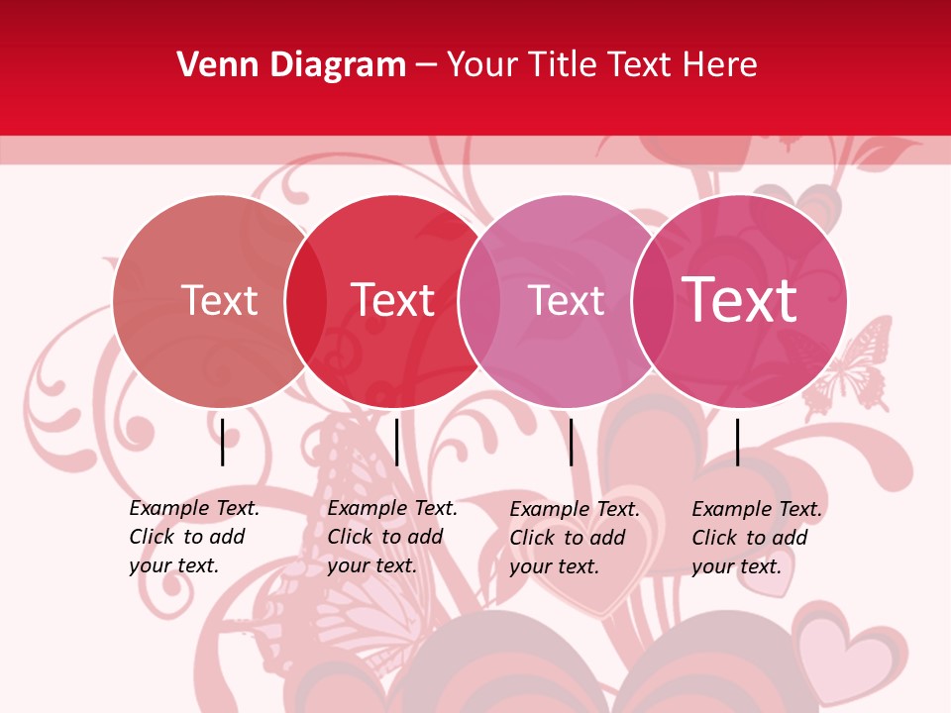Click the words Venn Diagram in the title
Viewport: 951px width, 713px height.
[291, 65]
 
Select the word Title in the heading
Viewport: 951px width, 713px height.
[562, 65]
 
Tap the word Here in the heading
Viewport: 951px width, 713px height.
[720, 65]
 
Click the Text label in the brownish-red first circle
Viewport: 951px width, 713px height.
[219, 300]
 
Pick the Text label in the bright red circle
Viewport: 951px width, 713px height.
[393, 300]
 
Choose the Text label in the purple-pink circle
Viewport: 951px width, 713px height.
[566, 300]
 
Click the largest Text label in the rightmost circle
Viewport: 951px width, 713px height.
[740, 300]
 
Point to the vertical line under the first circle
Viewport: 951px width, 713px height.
[222, 442]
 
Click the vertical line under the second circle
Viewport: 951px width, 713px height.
[396, 442]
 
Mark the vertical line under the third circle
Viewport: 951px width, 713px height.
[572, 442]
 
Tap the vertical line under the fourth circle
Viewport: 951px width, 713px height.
[737, 442]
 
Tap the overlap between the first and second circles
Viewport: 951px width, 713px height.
[306, 301]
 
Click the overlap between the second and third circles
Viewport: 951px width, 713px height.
[479, 301]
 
